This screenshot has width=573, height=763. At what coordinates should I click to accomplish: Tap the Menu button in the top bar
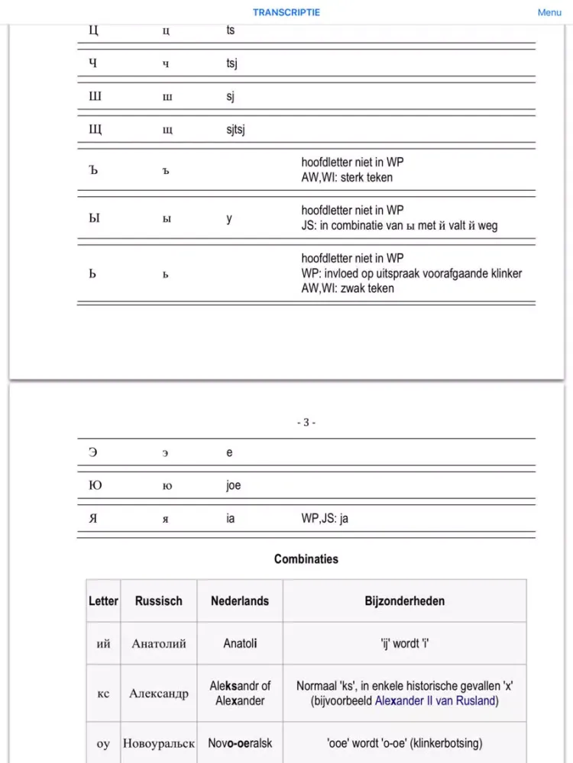pyautogui.click(x=549, y=12)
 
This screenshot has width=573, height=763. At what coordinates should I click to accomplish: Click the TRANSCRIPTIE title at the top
pyautogui.click(x=286, y=12)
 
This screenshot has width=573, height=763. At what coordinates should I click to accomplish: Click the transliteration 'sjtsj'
pyautogui.click(x=235, y=130)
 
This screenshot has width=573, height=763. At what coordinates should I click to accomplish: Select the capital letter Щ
pyautogui.click(x=95, y=130)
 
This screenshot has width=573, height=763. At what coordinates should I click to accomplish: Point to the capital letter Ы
pyautogui.click(x=94, y=218)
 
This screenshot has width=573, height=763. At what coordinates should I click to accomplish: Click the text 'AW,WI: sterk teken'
pyautogui.click(x=347, y=178)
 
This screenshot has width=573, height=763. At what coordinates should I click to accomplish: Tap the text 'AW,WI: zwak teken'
pyautogui.click(x=348, y=288)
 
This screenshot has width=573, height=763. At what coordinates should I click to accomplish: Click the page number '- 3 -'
pyautogui.click(x=306, y=423)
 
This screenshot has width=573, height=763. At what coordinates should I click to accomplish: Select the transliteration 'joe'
pyautogui.click(x=233, y=485)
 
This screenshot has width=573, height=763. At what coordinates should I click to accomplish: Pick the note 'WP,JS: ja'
pyautogui.click(x=325, y=519)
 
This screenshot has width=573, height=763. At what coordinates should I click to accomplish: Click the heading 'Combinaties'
pyautogui.click(x=306, y=559)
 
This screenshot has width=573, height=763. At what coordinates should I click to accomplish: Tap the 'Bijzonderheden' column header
pyautogui.click(x=404, y=601)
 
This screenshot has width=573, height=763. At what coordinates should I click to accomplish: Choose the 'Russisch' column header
pyautogui.click(x=159, y=601)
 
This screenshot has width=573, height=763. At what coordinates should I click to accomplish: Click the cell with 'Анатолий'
pyautogui.click(x=159, y=644)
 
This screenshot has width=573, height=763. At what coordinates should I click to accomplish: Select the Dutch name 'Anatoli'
pyautogui.click(x=240, y=644)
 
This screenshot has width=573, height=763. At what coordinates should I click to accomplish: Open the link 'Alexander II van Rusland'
pyautogui.click(x=435, y=701)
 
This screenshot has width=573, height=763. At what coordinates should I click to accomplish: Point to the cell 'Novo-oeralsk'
pyautogui.click(x=240, y=743)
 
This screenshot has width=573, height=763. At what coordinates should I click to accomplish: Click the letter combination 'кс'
pyautogui.click(x=103, y=694)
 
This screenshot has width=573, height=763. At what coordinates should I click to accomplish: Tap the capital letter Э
pyautogui.click(x=93, y=452)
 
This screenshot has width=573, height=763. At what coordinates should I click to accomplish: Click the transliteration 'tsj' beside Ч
pyautogui.click(x=231, y=63)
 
